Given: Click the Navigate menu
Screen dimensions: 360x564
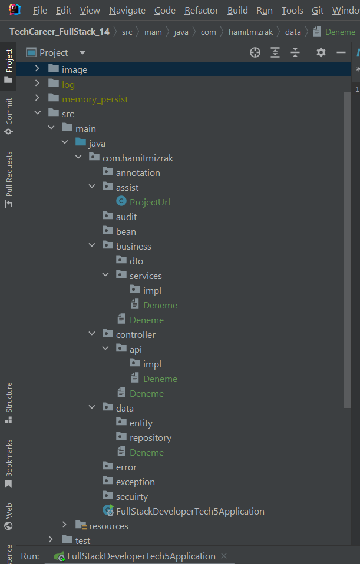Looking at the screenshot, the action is pos(127,11).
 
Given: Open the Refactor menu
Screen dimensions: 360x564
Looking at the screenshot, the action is pos(201,11).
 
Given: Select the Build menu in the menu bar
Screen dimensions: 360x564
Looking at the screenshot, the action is pos(237,11).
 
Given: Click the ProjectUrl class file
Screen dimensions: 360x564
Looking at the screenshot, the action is pos(150,202).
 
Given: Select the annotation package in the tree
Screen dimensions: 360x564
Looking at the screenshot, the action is pos(138,172).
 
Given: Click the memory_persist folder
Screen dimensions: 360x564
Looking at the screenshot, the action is pos(94,99).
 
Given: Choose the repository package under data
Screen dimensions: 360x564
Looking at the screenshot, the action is pos(150,437).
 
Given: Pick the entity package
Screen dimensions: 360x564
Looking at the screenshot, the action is pos(141,423).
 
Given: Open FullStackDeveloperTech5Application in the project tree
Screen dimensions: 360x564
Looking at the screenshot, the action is pos(190,511).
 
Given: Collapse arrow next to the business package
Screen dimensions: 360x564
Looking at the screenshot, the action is pos(92,246).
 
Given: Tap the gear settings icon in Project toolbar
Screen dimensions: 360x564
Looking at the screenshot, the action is pos(321,52).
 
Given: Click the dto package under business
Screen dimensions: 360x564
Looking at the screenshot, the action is pos(136,261).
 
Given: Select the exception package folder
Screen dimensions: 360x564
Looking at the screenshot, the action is pos(135,482).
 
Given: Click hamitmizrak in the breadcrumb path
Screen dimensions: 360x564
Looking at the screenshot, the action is pos(250,32).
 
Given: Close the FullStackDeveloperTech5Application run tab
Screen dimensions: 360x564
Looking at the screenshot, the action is pos(223,556).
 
